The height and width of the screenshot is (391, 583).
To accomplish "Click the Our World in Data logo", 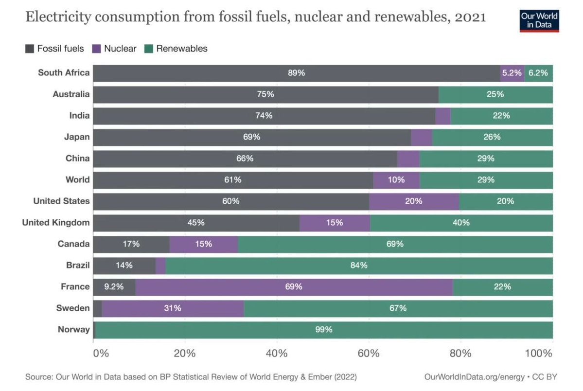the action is coord(539,21).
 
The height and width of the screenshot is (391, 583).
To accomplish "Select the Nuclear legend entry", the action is coord(114,48).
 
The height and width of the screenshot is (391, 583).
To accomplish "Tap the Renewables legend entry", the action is coord(176,48).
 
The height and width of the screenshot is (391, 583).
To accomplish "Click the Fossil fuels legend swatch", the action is coord(30,48).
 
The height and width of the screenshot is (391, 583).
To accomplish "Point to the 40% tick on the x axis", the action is coord(277,353).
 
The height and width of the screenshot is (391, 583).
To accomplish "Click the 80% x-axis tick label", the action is coord(460,353).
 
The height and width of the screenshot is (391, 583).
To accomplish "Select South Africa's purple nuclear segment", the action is coord(512,73).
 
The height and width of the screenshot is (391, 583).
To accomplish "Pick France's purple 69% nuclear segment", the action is coord(294,287).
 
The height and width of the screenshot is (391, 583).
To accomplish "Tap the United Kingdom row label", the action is coord(56,222).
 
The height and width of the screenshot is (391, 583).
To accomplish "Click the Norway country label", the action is coord(73,329).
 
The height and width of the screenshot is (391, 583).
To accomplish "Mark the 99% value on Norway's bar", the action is coord(323,330).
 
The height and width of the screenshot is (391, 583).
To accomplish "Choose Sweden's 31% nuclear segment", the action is coord(173,308).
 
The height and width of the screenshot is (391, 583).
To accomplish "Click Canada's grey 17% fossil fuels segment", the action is coord(131,244).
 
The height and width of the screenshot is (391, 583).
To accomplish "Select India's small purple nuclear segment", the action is coord(443,116).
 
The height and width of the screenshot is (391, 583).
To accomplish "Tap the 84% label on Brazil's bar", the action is coord(359,265).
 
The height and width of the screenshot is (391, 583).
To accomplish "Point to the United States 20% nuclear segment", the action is coord(414,201).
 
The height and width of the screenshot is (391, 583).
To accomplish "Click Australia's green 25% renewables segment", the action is coord(495,94).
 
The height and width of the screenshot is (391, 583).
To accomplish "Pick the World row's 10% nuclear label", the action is coord(396,180).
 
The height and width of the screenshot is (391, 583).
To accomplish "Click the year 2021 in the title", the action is coord(470,17).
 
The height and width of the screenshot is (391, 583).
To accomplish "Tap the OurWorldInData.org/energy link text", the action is coord(474,377).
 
